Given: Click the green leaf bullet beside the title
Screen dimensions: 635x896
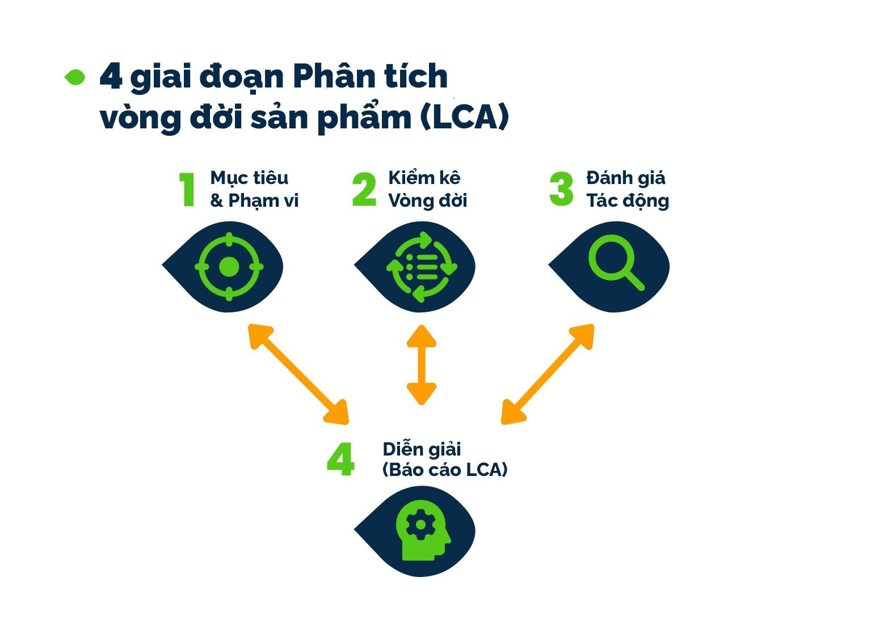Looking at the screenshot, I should [75, 78].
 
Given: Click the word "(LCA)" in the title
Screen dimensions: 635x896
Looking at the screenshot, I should [465, 117].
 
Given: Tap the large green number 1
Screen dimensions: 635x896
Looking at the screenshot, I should [187, 190].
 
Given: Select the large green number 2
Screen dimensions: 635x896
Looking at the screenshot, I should [364, 190].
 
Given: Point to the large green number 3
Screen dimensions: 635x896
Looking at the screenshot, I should [561, 190].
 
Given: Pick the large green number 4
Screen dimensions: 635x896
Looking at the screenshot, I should [340, 459].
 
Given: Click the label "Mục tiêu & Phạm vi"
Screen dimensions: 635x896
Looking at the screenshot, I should [254, 189].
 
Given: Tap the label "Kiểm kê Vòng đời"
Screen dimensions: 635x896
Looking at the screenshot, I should [427, 189].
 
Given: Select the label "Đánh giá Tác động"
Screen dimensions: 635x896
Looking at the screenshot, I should [627, 189].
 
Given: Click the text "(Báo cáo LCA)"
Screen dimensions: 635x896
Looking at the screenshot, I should [444, 470].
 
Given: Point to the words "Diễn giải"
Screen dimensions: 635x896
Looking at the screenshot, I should [422, 449].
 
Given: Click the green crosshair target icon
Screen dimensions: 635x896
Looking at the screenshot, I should [229, 266].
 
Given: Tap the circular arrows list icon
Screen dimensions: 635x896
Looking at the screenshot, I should [422, 266].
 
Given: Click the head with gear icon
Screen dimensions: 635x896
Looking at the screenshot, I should [422, 531].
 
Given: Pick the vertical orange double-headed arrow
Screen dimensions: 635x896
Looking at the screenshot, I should [421, 365].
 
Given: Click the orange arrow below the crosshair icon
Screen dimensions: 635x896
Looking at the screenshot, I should [298, 374].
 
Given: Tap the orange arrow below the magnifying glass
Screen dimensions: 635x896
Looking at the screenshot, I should [548, 374].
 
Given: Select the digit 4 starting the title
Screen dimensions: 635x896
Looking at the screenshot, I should [111, 76].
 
